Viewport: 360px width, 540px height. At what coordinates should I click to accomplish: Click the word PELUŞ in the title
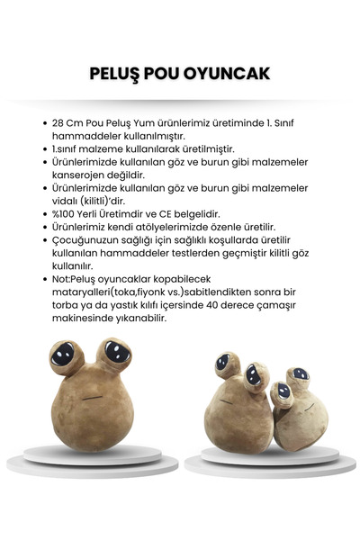point(120,73)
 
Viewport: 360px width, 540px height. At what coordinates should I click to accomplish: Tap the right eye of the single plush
point(113,354)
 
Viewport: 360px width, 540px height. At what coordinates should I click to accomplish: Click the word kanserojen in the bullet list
point(84,174)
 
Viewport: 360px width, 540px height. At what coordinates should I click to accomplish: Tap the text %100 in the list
point(67,213)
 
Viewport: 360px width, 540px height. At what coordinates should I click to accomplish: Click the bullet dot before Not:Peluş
point(45,280)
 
